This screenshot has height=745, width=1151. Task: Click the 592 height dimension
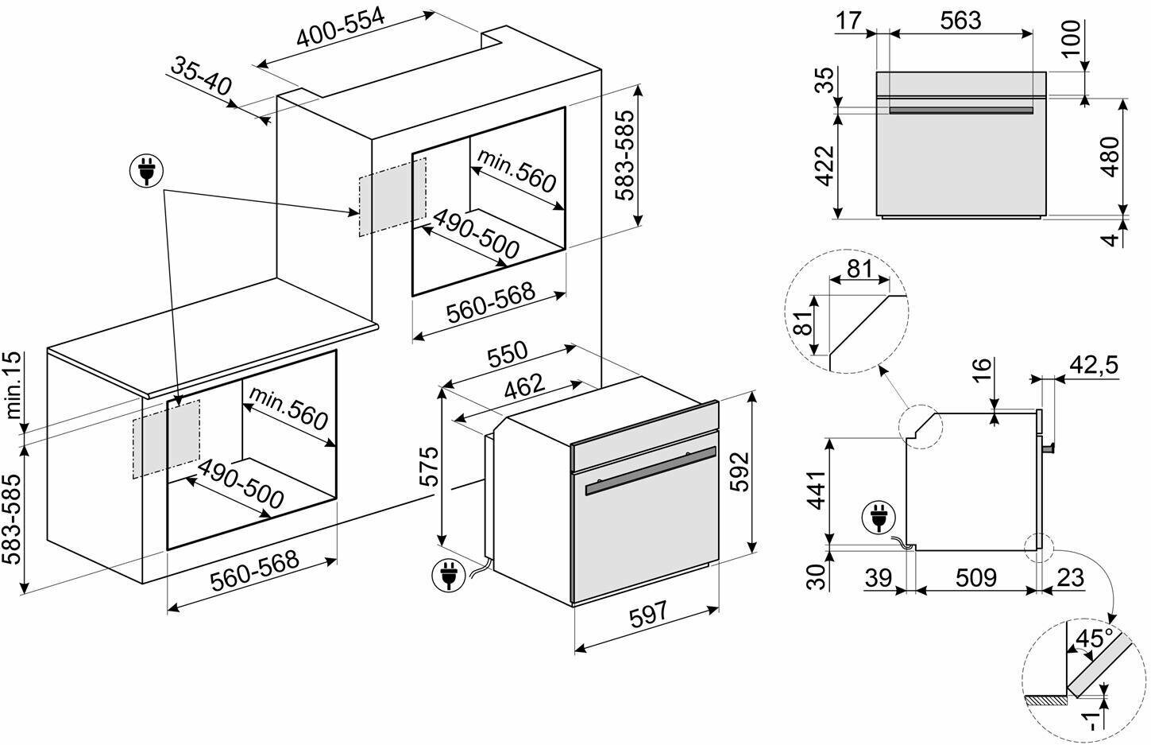740,472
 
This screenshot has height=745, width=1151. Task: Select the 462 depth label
525,386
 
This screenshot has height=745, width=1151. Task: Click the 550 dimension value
506,355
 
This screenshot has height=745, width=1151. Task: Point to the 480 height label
1110,157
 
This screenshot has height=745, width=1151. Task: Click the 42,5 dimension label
1093,364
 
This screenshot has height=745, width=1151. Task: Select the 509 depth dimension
975,577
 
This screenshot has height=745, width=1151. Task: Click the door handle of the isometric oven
650,475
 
